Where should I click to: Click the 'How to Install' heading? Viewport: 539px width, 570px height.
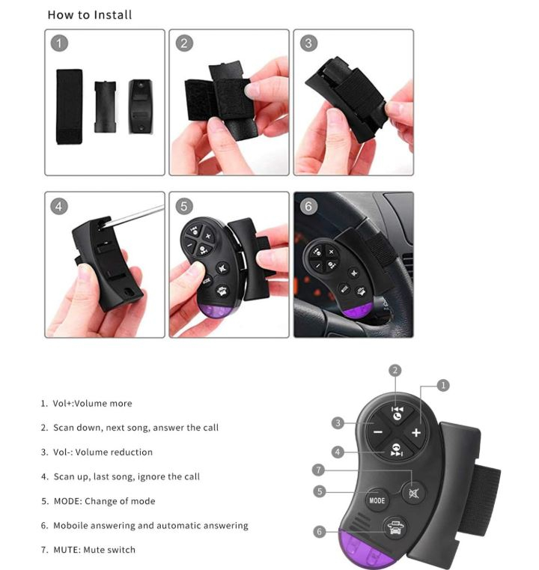click(x=90, y=15)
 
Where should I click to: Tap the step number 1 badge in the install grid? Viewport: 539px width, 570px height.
click(x=59, y=43)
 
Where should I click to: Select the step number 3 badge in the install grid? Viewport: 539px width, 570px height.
click(x=308, y=43)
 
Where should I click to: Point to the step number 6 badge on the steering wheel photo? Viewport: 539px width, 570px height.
click(x=308, y=207)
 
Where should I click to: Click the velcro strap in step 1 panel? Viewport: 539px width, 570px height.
click(x=69, y=106)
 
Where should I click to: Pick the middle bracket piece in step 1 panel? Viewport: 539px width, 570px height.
click(x=106, y=106)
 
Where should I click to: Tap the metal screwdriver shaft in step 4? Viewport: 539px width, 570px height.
click(x=135, y=216)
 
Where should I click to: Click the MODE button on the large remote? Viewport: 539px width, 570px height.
click(x=377, y=500)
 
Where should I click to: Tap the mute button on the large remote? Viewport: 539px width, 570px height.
click(x=414, y=494)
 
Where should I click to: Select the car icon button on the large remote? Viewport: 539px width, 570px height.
click(x=395, y=527)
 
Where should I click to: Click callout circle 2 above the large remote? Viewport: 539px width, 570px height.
click(x=395, y=371)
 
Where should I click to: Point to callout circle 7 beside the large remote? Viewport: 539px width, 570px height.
click(x=318, y=470)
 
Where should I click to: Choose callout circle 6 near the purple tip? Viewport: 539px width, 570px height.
click(x=319, y=532)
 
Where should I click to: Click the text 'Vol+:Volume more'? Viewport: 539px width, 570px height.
click(x=92, y=403)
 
